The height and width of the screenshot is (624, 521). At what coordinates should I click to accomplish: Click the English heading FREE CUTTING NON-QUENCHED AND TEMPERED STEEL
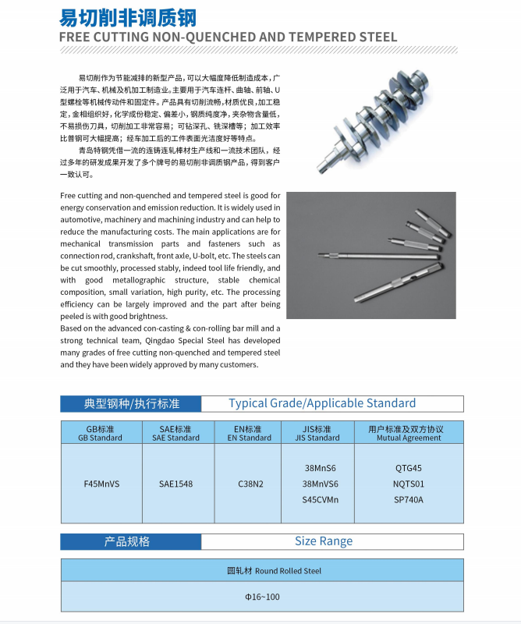coord(229,37)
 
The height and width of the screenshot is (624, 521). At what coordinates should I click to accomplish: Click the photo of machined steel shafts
coord(371,254)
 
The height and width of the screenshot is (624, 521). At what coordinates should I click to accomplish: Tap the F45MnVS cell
coord(101,484)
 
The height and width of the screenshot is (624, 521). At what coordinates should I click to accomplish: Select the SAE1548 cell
coord(179,484)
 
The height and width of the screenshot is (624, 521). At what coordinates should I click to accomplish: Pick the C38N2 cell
coord(250,484)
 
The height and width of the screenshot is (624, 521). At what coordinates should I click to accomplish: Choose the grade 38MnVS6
coord(320,484)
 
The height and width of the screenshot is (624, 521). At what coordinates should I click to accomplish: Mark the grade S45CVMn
coord(320,499)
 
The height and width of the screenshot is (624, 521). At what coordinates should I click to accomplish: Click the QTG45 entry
coord(409,468)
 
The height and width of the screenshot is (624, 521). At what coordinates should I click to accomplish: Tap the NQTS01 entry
coord(409,484)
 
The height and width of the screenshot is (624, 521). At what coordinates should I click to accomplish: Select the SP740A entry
coord(409,499)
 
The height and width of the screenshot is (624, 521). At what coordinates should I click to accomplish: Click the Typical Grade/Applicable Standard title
coord(322,403)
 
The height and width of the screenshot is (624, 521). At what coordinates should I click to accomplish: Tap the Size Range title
coord(324,541)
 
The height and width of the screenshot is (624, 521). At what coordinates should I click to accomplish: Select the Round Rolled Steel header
coord(262,570)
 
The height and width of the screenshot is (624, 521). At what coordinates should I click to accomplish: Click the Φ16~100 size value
coord(262,597)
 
